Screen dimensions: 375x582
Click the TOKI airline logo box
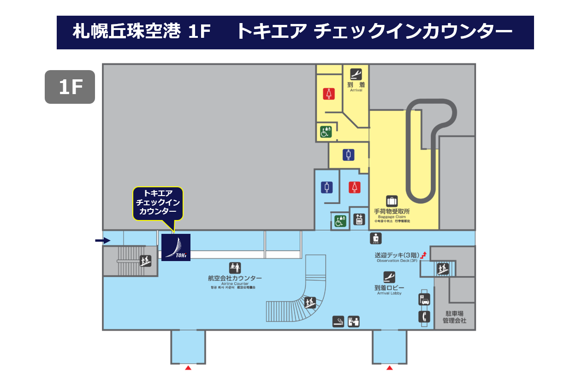pyautogui.click(x=176, y=247)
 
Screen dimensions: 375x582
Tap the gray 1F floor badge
pyautogui.click(x=70, y=87)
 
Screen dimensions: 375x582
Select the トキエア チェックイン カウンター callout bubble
pyautogui.click(x=158, y=203)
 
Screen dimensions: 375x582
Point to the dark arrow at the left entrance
pyautogui.click(x=103, y=240)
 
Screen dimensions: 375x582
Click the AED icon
pyautogui.click(x=376, y=238)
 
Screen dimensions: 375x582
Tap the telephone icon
pyautogui.click(x=424, y=316)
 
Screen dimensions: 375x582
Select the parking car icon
pyautogui.click(x=424, y=299)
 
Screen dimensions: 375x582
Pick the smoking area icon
pyautogui.click(x=339, y=321)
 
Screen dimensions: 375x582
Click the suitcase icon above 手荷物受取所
pyautogui.click(x=392, y=201)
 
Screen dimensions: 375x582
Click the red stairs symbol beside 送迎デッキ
pyautogui.click(x=423, y=254)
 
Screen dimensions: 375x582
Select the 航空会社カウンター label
pyautogui.click(x=235, y=278)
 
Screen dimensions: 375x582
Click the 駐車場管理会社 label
pyautogui.click(x=454, y=317)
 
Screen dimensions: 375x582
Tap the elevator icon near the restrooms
pyautogui.click(x=359, y=220)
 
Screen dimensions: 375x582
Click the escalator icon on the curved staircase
pyautogui.click(x=310, y=303)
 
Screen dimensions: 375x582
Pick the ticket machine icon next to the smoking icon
pyautogui.click(x=354, y=321)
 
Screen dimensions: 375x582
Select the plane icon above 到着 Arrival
pyautogui.click(x=356, y=74)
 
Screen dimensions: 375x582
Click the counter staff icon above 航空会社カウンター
pyautogui.click(x=235, y=267)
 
